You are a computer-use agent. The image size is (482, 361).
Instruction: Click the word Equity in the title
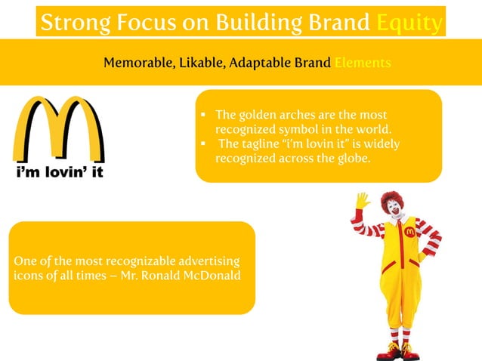[x=409, y=23]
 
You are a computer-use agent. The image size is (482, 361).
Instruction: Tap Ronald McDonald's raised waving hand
[x=363, y=201]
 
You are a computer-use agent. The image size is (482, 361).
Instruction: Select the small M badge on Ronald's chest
[x=410, y=231]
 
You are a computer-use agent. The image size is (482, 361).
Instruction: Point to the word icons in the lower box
[x=29, y=275]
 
